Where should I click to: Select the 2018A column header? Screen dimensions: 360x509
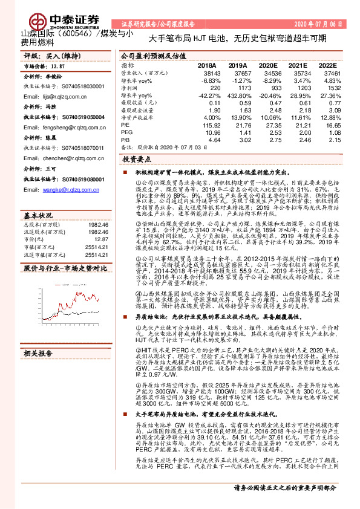[x=207, y=65]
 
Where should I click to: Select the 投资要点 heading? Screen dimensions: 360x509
[x=136, y=160]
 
